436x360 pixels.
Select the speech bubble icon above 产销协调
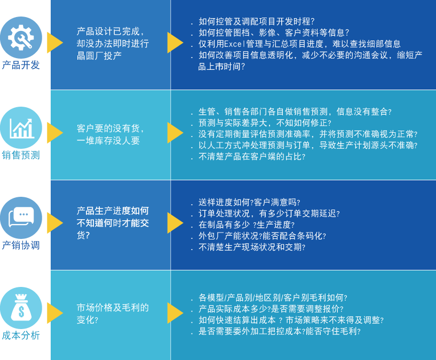pos(21,217)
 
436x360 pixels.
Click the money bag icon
pos(21,308)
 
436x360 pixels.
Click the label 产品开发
pos(21,65)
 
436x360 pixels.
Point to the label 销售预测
pos(21,155)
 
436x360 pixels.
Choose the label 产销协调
pos(21,245)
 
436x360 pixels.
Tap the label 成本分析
pos(21,335)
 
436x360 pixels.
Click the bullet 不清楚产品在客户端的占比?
pos(252,157)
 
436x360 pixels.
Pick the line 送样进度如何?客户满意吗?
pos(249,202)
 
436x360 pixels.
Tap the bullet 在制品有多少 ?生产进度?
pos(246,225)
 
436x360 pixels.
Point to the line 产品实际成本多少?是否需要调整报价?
pos(271,309)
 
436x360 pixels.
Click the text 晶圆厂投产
pos(99,55)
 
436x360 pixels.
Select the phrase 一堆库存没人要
pos(108,141)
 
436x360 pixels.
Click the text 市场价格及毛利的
pos(113,308)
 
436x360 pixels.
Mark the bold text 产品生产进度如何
pos(113,211)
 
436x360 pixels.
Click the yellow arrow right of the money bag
pos(54,313)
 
